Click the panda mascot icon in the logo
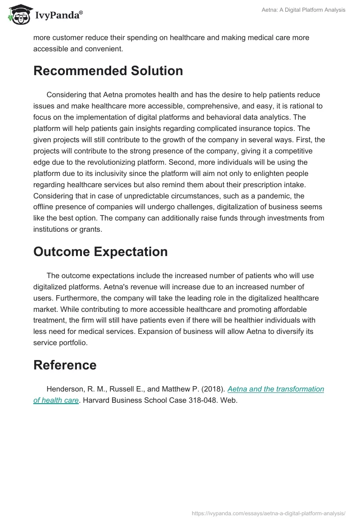click(18, 15)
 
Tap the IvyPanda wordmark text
click(58, 16)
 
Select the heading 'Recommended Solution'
click(108, 71)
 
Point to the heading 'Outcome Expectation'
click(100, 252)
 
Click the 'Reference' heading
click(65, 365)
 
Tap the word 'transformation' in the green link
click(299, 389)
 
